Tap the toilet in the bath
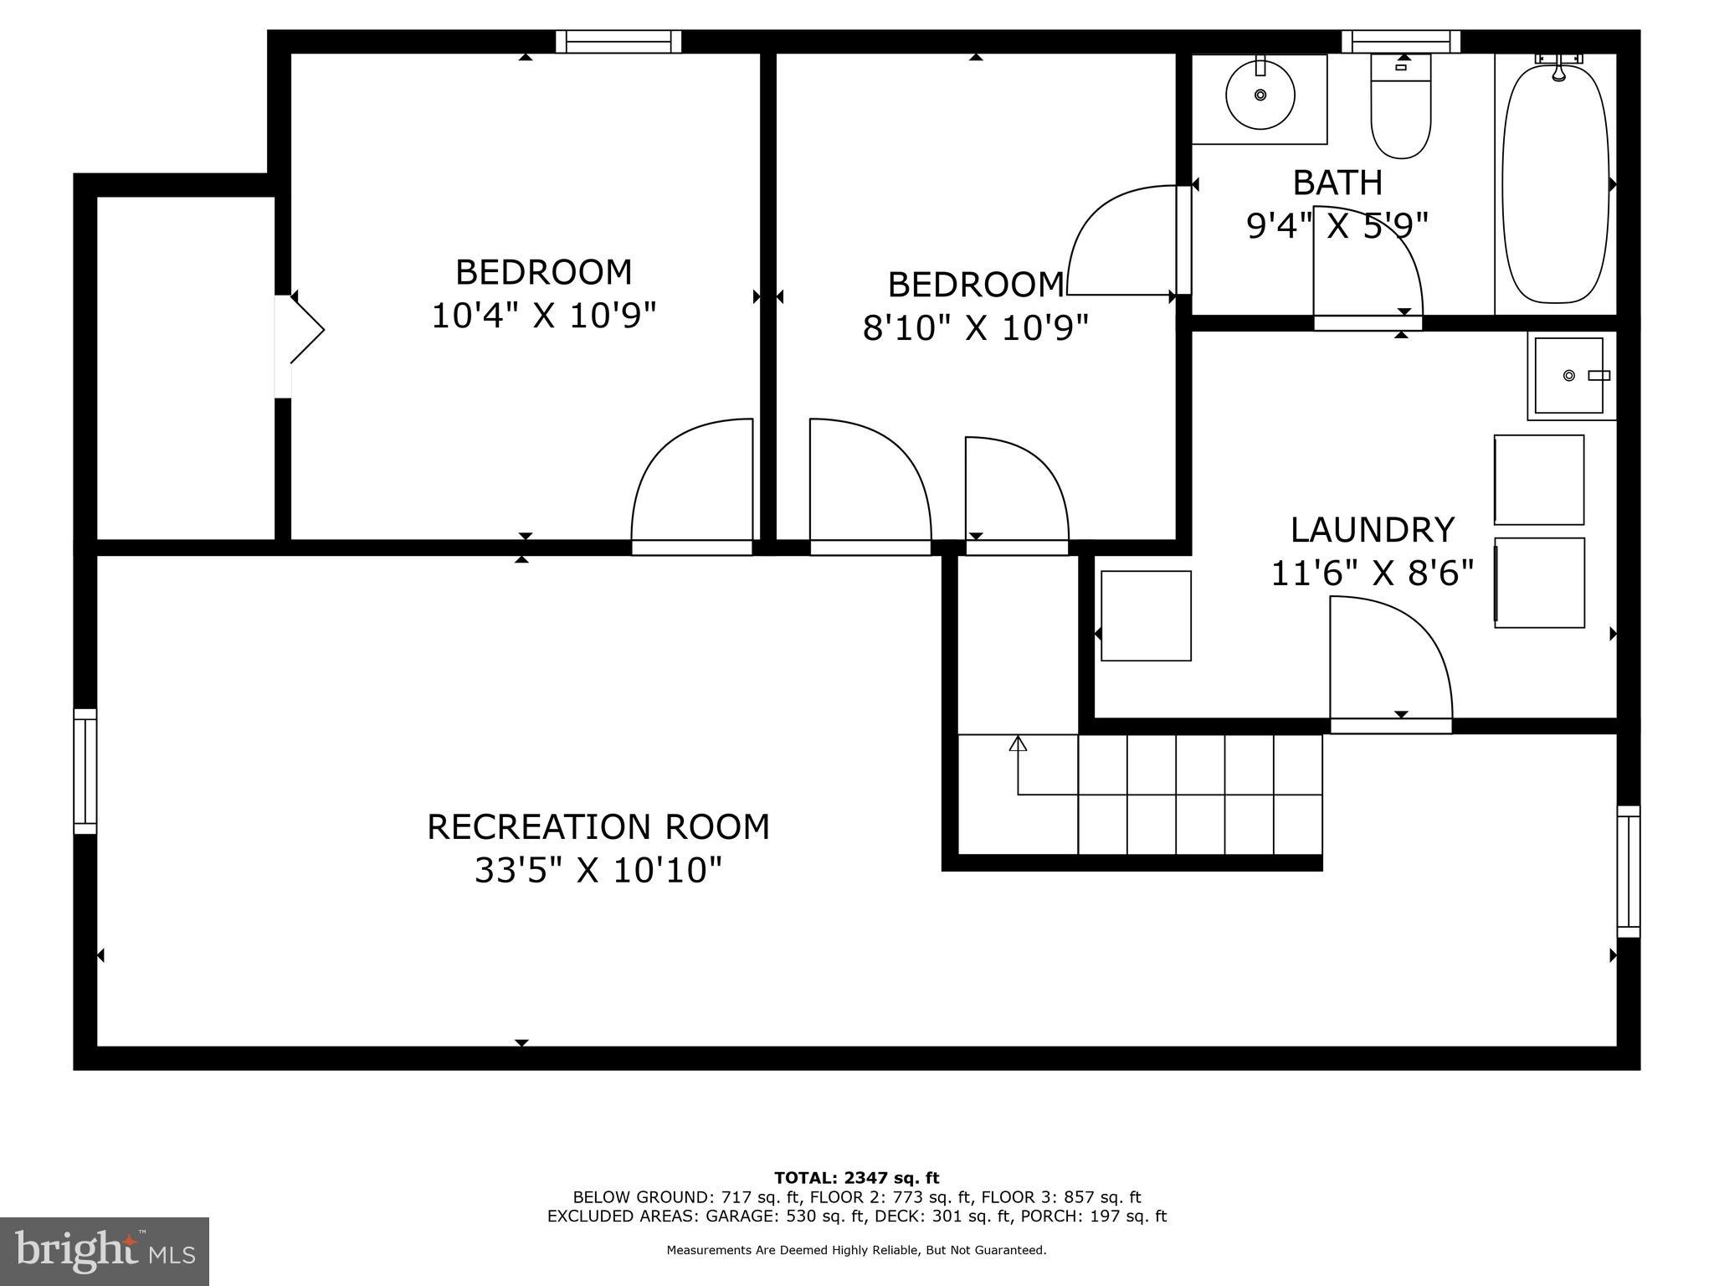click(x=1400, y=109)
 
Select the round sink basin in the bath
click(x=1260, y=95)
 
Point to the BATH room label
click(x=1337, y=183)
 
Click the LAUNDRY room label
click(x=1372, y=530)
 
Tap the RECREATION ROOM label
click(x=598, y=827)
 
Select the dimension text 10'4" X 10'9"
click(x=543, y=316)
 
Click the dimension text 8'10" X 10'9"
click(x=975, y=328)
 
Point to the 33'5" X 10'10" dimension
click(x=598, y=871)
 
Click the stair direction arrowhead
click(x=1018, y=743)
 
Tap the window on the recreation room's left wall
click(x=85, y=771)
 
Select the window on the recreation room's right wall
click(x=1628, y=871)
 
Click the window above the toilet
click(x=1400, y=41)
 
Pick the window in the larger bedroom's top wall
click(x=618, y=41)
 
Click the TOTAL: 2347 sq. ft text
click(x=856, y=1179)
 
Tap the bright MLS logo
click(x=105, y=1251)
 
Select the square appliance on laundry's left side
click(x=1145, y=615)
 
